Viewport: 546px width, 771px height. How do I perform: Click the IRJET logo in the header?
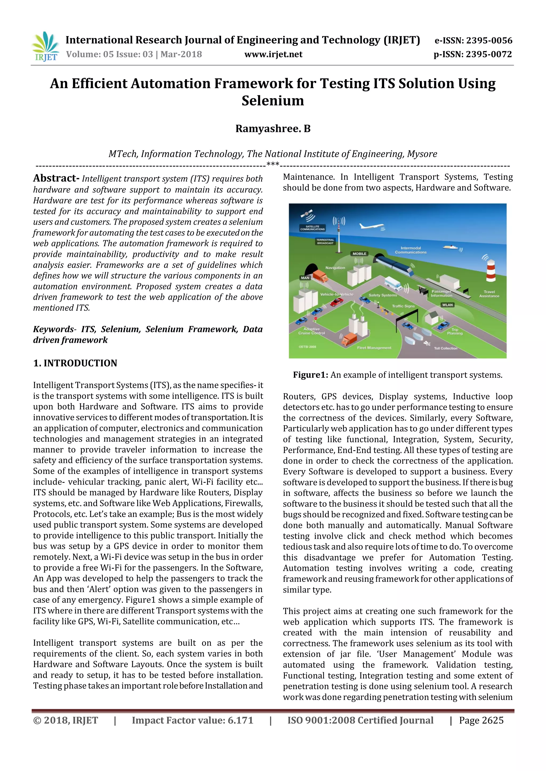[x=45, y=47]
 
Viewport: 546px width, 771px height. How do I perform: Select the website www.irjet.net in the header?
[x=273, y=54]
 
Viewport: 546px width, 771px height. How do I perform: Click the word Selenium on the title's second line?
[x=273, y=100]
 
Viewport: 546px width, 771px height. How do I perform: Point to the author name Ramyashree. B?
[x=273, y=129]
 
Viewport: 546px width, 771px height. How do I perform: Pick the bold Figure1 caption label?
[x=310, y=375]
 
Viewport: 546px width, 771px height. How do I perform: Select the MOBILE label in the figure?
[x=359, y=253]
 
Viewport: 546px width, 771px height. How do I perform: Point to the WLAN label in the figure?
[x=448, y=305]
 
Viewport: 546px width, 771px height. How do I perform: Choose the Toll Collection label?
[x=445, y=348]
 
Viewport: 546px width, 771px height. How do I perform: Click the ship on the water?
[x=450, y=247]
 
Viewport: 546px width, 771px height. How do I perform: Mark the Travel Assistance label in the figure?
[x=489, y=294]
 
